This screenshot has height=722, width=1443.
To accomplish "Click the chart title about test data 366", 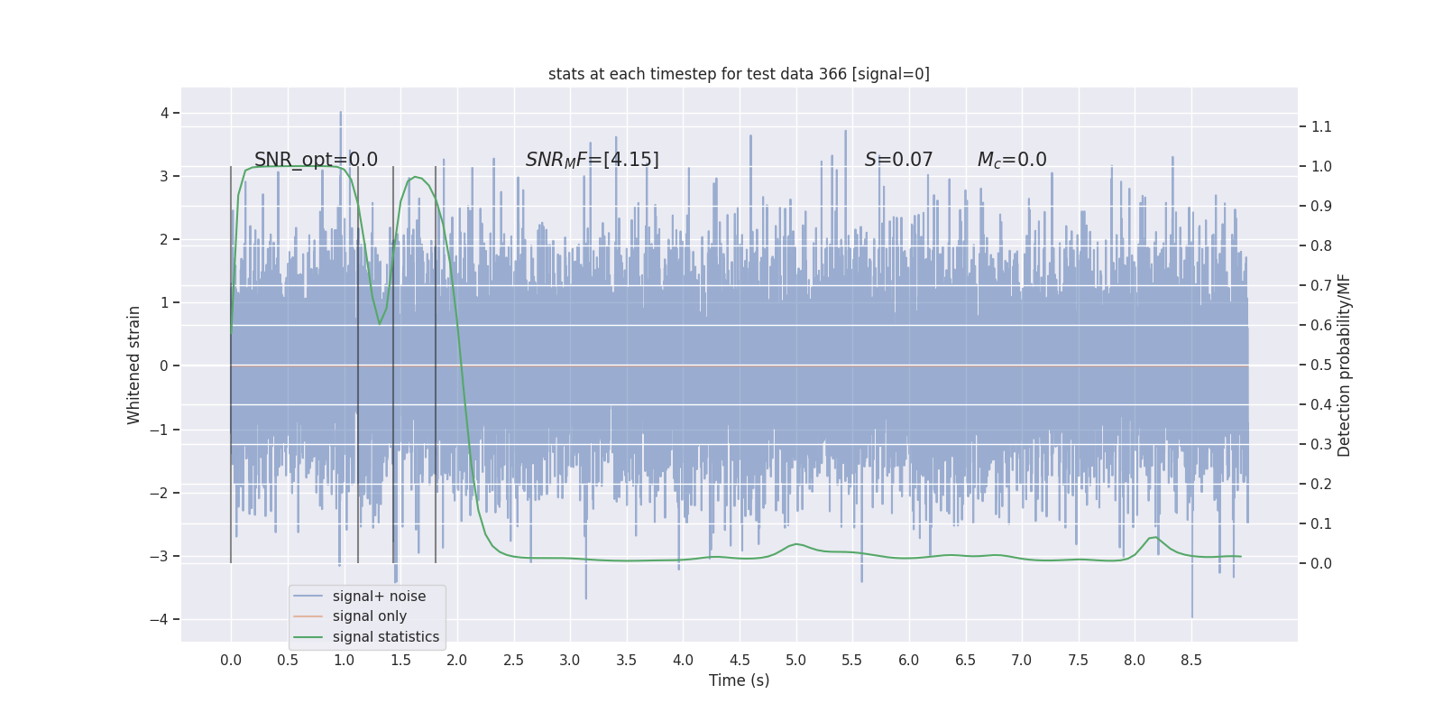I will click(739, 74).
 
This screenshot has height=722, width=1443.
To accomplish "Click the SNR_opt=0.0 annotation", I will click(316, 160).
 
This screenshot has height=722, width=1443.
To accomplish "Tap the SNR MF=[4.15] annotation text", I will click(592, 160).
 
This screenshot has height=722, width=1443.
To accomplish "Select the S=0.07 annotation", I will click(898, 160).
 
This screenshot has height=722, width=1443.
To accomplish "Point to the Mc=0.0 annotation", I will click(1012, 160).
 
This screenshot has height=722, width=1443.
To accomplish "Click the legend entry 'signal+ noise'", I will click(379, 597).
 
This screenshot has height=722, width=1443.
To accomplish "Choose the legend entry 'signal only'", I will click(369, 616).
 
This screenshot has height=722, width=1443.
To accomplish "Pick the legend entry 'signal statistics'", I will click(385, 637).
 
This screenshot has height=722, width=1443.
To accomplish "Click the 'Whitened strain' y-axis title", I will click(133, 365).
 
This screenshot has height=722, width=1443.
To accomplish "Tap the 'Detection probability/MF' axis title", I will click(1344, 365).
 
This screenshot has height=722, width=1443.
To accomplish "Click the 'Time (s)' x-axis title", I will click(739, 680).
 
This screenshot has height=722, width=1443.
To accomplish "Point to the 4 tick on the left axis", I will click(164, 113).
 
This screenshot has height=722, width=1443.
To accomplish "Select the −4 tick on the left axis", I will click(160, 619).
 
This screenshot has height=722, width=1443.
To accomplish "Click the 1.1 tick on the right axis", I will click(1321, 126).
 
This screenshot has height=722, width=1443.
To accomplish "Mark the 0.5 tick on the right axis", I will click(1321, 365).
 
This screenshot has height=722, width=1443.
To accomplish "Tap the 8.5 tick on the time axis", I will click(1190, 660).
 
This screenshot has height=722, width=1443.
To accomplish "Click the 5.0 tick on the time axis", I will click(795, 660).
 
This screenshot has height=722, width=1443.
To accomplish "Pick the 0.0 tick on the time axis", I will click(231, 660).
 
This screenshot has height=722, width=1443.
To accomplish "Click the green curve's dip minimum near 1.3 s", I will click(380, 324).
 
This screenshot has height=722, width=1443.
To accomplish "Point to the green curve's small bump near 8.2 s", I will click(1156, 538).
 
